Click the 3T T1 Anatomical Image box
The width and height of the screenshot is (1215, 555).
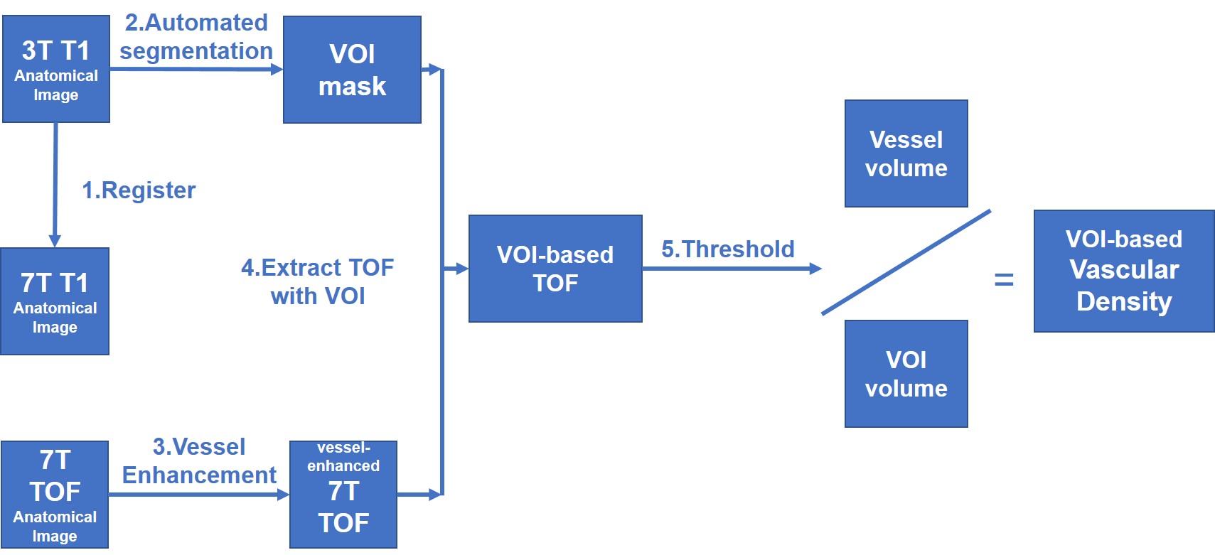tap(56, 69)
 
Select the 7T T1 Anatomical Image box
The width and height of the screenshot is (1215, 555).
tap(55, 301)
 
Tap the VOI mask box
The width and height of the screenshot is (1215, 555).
tap(352, 70)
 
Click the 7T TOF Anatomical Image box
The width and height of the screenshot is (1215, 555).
tap(55, 495)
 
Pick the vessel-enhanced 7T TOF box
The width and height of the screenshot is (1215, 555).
tap(343, 495)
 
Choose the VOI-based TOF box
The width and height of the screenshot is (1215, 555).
tap(555, 269)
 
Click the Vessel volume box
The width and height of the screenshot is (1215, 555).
tap(906, 153)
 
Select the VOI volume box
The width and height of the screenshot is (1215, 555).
tap(906, 374)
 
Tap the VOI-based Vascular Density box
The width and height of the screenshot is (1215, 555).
tap(1123, 271)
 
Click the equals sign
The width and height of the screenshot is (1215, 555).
tap(1003, 280)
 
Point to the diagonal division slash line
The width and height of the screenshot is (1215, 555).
tap(906, 262)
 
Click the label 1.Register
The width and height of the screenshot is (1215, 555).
tap(139, 190)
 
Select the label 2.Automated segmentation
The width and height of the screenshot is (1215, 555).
tap(196, 37)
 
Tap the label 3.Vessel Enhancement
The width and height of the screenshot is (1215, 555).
tap(199, 460)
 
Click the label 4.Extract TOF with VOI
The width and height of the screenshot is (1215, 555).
tap(317, 281)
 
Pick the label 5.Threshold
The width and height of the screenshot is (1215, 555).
tap(728, 249)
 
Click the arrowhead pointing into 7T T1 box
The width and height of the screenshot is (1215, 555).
tap(55, 241)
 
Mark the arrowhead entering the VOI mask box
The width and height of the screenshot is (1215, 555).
tap(277, 70)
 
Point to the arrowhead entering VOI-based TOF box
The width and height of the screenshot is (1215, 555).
tap(462, 269)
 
